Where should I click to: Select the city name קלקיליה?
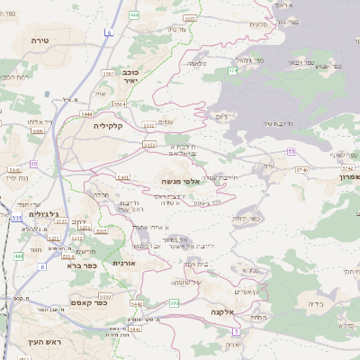[x=112, y=126]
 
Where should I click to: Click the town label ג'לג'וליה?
[x=42, y=214]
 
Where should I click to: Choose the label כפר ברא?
[x=81, y=265]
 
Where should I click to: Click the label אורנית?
[x=123, y=263]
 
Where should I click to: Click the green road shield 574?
[x=232, y=69]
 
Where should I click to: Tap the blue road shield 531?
[x=17, y=218]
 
